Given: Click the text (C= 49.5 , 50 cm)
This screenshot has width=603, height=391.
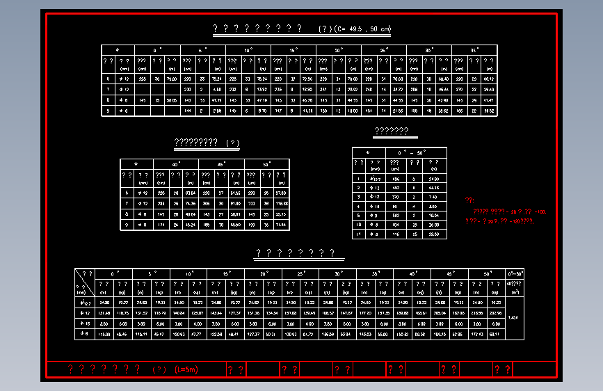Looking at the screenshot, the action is click(x=362, y=29).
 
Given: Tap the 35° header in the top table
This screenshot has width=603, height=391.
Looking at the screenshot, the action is click(x=474, y=50).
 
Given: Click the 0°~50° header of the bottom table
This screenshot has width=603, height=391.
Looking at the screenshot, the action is click(x=515, y=273).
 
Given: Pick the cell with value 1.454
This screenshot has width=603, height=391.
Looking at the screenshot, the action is click(x=513, y=318).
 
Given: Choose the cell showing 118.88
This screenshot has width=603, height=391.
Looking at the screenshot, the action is click(x=281, y=203).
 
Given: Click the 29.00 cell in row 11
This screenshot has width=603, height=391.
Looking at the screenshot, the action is click(x=435, y=234).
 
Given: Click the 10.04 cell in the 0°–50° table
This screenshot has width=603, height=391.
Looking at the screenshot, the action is click(x=435, y=216).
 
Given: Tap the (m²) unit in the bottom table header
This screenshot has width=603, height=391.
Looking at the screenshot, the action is click(x=515, y=293).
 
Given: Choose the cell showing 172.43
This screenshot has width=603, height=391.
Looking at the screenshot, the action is click(x=476, y=335).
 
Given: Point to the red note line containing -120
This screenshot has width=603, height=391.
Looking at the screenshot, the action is click(x=504, y=221).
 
